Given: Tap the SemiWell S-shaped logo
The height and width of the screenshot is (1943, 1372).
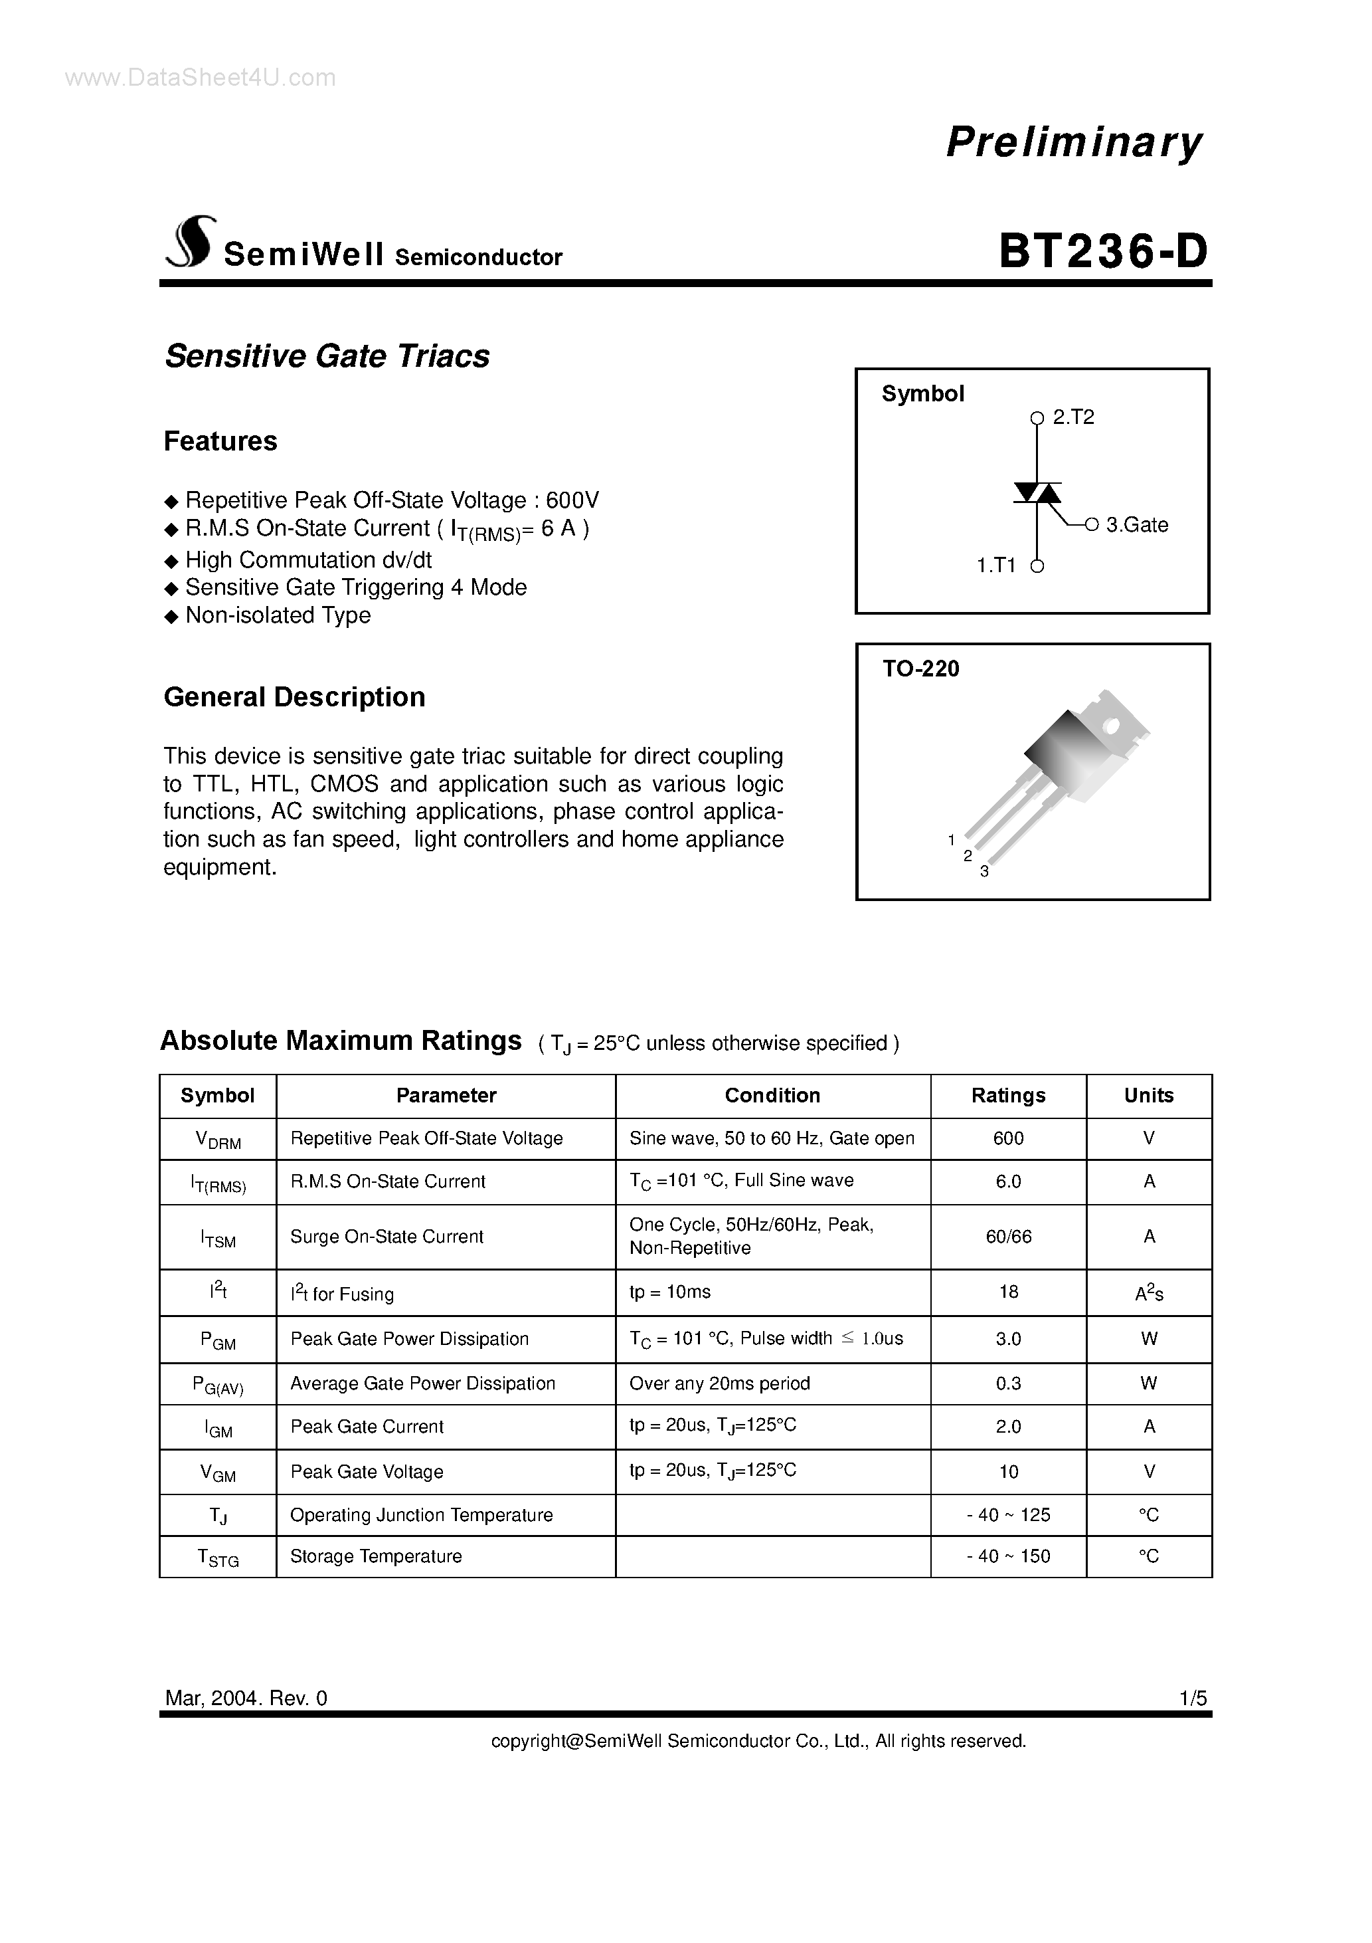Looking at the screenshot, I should [191, 241].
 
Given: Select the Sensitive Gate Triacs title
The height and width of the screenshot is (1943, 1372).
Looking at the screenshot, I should [327, 356].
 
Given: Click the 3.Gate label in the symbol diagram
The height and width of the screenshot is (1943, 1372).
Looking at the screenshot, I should [1136, 525].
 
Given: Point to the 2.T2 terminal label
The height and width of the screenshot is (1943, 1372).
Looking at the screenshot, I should [1072, 417].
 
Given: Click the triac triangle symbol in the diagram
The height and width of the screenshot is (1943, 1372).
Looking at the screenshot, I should [1037, 492].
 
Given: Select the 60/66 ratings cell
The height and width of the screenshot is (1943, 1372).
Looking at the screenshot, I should [1008, 1237].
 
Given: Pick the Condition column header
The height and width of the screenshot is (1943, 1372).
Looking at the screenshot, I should [772, 1095].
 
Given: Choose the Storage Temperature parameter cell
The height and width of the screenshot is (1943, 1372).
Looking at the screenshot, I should [376, 1556].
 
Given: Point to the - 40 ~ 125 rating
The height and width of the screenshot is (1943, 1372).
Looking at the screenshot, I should [1008, 1515].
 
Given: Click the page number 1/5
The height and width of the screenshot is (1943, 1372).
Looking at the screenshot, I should [1193, 1698].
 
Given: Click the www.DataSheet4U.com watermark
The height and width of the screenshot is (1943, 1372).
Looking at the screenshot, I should [201, 78].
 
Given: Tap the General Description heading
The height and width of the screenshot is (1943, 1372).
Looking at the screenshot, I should [294, 697].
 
